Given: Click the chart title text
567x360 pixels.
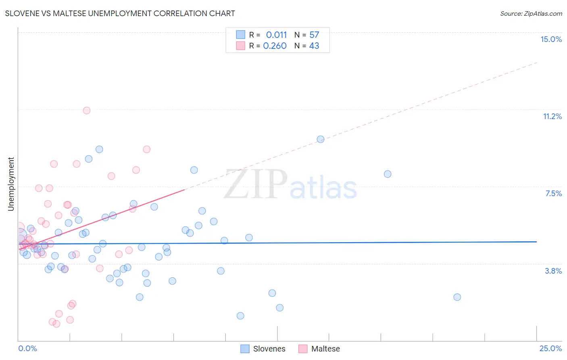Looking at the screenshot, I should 120,13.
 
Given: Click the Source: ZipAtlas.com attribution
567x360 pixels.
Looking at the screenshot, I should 531,13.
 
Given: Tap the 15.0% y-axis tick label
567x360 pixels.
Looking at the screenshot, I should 551,39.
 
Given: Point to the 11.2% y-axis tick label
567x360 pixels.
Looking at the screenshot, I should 552,116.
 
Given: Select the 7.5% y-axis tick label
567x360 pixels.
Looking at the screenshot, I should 553,193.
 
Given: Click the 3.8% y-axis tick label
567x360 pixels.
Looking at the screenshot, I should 553,271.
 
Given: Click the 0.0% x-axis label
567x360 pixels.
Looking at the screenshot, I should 27,348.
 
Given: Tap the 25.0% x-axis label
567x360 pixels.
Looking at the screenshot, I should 550,348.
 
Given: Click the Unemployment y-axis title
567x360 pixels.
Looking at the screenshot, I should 11,184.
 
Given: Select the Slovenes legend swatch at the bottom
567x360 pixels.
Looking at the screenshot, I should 245,349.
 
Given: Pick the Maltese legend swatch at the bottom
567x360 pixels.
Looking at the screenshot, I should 303,349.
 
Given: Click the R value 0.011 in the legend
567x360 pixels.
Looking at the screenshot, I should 276,35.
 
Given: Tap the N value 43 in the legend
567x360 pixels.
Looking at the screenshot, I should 314,46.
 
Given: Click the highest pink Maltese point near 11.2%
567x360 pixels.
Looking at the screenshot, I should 86,110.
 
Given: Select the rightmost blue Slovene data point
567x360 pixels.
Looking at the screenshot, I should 457,297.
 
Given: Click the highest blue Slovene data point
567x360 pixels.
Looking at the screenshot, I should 321,139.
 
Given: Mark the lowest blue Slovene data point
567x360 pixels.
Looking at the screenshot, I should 240,316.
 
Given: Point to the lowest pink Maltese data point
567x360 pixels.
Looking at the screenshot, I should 56,324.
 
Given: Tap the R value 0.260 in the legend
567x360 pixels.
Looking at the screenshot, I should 275,46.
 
